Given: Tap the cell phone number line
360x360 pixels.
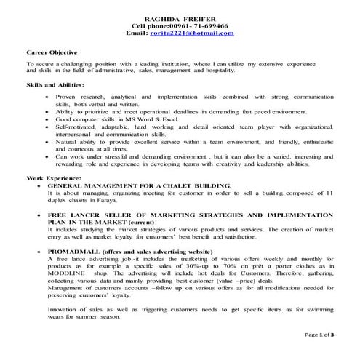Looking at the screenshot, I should [180, 25].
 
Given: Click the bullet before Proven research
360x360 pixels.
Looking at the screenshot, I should [47, 96].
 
